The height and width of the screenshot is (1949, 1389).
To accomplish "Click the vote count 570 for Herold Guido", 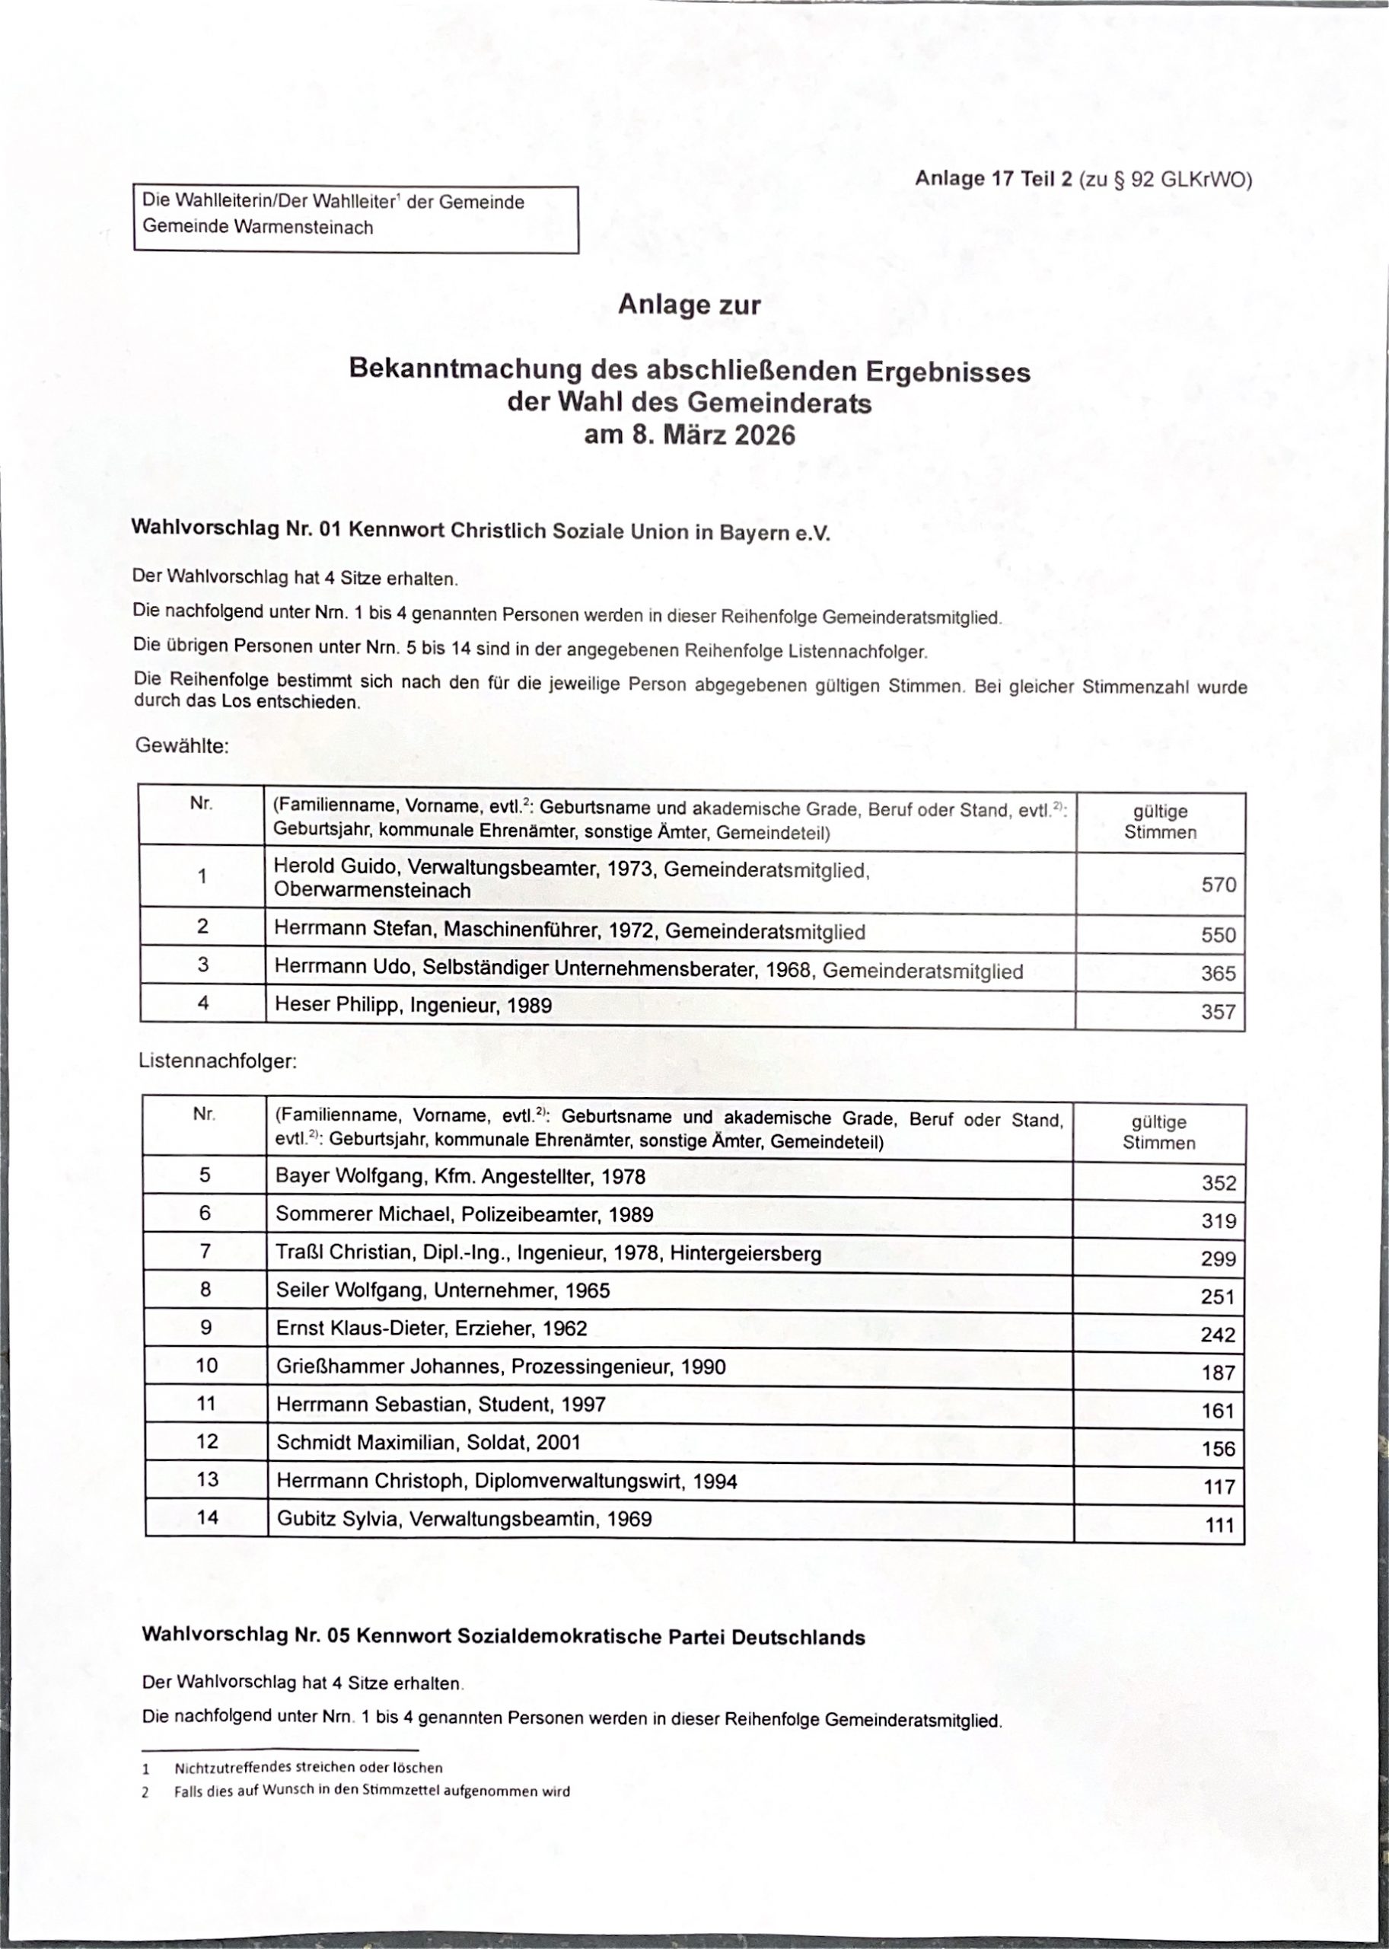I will (x=1218, y=885).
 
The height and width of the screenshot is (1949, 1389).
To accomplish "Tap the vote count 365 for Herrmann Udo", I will (x=1218, y=974).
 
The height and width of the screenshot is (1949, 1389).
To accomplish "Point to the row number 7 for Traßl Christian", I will (x=205, y=1251).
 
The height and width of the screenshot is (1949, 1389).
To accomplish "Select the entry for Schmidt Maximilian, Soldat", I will (x=428, y=1443).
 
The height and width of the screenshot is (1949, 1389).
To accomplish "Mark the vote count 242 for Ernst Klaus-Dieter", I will (x=1218, y=1335).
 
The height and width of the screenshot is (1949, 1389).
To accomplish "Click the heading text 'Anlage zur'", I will (x=689, y=305).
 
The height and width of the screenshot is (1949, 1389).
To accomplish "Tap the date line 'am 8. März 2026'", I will (x=690, y=435).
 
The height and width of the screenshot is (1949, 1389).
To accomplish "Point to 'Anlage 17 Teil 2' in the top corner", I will (x=992, y=179).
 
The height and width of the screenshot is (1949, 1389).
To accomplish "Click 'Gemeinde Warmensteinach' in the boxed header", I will (x=257, y=228).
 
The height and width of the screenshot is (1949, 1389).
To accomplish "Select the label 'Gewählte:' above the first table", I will (x=182, y=746).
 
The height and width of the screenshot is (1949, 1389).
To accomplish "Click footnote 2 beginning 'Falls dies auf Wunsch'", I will (x=371, y=1791).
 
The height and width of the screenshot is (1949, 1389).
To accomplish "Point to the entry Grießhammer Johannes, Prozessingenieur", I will (x=500, y=1367).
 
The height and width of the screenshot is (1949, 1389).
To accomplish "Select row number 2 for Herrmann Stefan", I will (x=202, y=927).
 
